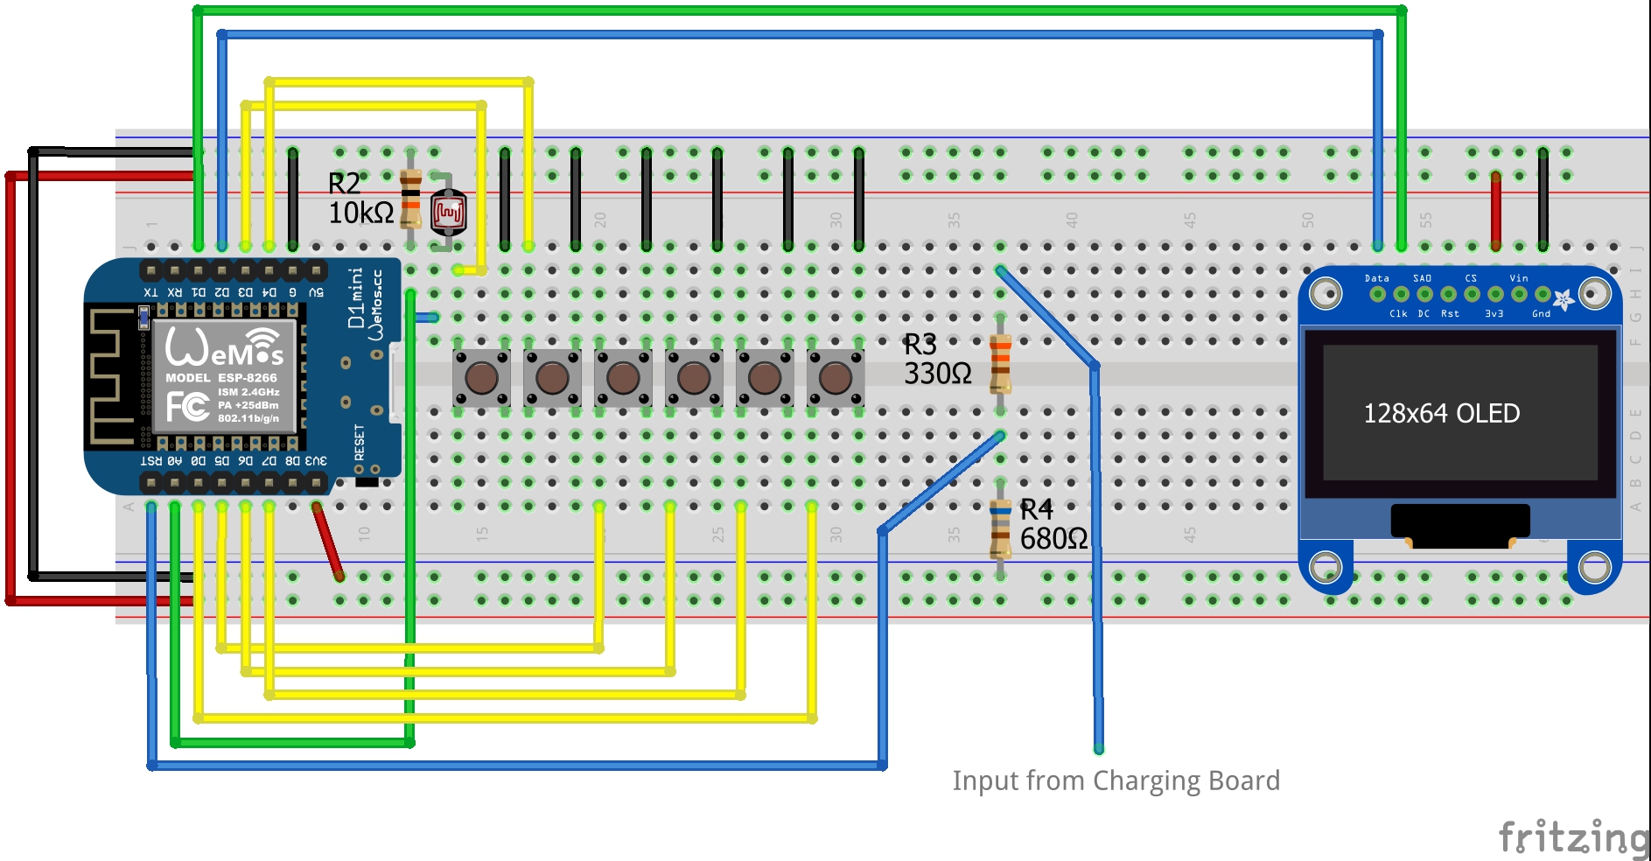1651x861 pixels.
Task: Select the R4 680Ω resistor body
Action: point(1000,528)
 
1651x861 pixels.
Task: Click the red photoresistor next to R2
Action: point(448,213)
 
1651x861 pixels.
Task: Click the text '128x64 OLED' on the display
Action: point(1441,413)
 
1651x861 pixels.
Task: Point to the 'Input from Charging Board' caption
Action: point(1116,780)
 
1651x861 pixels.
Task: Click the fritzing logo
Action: point(1573,836)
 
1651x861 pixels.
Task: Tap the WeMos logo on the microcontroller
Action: point(224,347)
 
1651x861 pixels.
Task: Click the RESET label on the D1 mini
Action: point(360,442)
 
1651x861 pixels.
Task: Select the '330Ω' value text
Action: point(937,374)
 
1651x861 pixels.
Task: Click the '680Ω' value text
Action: point(1053,539)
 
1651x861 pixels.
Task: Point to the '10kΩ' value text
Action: point(360,213)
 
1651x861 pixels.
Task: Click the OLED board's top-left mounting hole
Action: point(1326,293)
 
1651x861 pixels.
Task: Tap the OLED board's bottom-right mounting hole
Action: point(1593,567)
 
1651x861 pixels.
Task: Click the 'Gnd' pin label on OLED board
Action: point(1541,313)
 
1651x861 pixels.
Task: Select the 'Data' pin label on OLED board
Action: point(1376,278)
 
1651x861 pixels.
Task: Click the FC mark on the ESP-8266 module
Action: point(187,406)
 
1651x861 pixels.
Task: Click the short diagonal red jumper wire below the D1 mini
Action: point(328,541)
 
